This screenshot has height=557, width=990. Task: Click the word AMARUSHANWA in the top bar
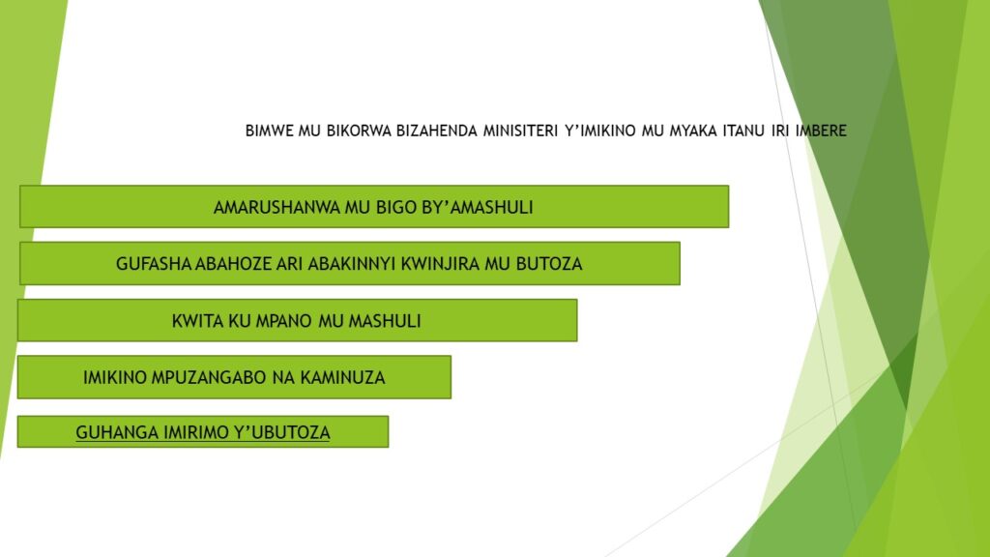point(277,207)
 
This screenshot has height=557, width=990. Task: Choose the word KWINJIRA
point(440,263)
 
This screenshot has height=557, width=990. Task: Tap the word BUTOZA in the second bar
point(549,263)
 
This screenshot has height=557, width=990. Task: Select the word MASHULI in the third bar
point(385,321)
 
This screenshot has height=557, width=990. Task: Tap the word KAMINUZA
point(342,378)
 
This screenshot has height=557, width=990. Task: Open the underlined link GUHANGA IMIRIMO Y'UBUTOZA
point(203,432)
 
